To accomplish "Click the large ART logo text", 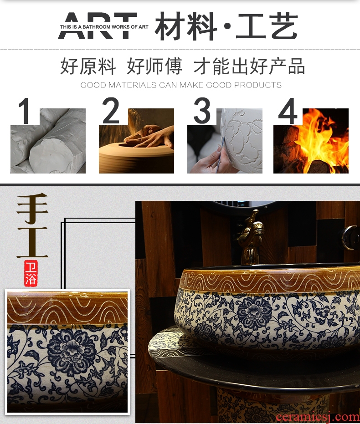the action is [x=98, y=26].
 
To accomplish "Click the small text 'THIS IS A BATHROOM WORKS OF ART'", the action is [x=104, y=27].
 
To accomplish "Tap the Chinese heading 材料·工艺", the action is [x=226, y=26].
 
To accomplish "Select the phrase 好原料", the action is [x=88, y=66].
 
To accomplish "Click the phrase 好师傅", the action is [x=154, y=66].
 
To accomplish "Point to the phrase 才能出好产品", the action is [x=249, y=66].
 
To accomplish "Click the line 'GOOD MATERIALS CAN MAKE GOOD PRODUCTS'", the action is [x=181, y=85].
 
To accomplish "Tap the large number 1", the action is [x=25, y=111].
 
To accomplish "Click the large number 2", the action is [x=111, y=110].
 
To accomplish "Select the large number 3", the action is [x=202, y=110].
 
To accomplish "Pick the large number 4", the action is [x=288, y=111].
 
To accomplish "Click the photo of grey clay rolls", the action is [x=48, y=141].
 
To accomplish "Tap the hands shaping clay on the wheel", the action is [x=148, y=137].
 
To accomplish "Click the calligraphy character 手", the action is [x=32, y=208].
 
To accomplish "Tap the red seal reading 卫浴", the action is [x=31, y=274].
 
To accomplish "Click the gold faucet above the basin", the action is [x=252, y=237].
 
